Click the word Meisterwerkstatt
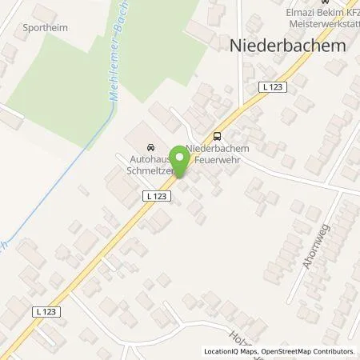point(318,23)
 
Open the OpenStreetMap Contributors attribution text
point(308,351)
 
